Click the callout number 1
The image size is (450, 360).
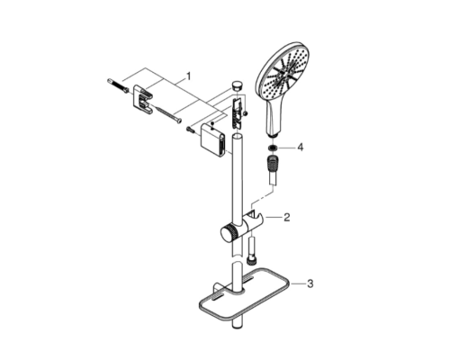[x=188, y=76]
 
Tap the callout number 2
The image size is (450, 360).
[x=287, y=217]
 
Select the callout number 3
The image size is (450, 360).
[x=310, y=283]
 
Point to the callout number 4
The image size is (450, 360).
[x=300, y=148]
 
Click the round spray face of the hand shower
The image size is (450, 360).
[x=283, y=71]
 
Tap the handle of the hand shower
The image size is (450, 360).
[x=274, y=116]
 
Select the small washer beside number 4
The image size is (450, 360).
[x=273, y=148]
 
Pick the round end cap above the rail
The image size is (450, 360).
[x=237, y=85]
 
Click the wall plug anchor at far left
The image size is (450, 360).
[x=117, y=85]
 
